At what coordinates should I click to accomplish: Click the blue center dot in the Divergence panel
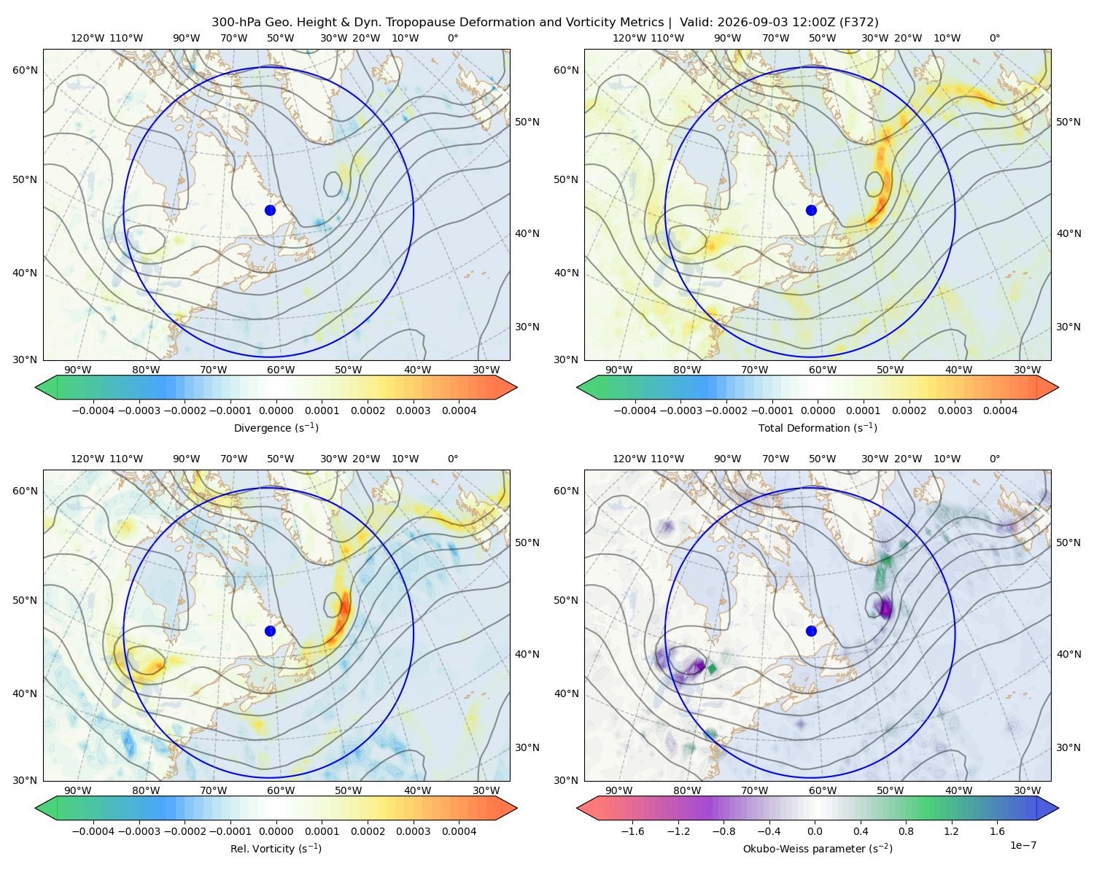pyautogui.click(x=270, y=210)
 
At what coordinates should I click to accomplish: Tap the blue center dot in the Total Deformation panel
pyautogui.click(x=811, y=210)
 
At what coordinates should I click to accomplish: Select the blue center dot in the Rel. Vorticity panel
pyautogui.click(x=270, y=631)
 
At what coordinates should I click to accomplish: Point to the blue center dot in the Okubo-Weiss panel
pyautogui.click(x=811, y=631)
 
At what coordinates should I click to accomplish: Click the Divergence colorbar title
pyautogui.click(x=276, y=427)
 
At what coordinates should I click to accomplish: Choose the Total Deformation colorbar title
pyautogui.click(x=818, y=427)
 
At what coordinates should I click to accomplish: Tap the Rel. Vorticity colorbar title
pyautogui.click(x=276, y=848)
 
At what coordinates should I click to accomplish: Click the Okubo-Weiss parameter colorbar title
pyautogui.click(x=818, y=848)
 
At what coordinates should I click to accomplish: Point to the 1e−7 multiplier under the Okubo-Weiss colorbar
pyautogui.click(x=1023, y=845)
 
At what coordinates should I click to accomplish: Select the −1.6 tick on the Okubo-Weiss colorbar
pyautogui.click(x=632, y=831)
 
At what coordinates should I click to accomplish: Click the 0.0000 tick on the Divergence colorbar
pyautogui.click(x=276, y=411)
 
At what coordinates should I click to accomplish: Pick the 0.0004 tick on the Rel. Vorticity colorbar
pyautogui.click(x=459, y=831)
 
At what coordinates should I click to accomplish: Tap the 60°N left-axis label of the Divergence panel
pyautogui.click(x=25, y=70)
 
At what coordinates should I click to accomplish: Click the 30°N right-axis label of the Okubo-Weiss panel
pyautogui.click(x=1068, y=747)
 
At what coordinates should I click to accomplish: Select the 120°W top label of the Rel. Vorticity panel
pyautogui.click(x=88, y=458)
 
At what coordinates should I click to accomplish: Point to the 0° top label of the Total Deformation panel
pyautogui.click(x=994, y=38)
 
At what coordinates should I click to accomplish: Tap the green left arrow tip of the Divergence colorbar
pyautogui.click(x=36, y=387)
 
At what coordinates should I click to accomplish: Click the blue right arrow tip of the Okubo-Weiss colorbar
pyautogui.click(x=1058, y=808)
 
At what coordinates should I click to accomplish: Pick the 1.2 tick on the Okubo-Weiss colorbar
pyautogui.click(x=951, y=831)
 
